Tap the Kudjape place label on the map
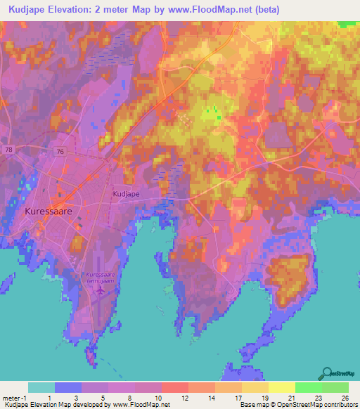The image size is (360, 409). coord(127,191)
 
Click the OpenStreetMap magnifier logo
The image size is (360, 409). coord(327,372)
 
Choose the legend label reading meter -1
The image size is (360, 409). coord(15,397)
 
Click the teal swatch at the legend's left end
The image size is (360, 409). coord(41,387)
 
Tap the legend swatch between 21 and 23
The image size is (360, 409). coord(308,387)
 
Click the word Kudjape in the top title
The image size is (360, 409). coord(22,10)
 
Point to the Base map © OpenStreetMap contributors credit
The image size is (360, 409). coord(298,405)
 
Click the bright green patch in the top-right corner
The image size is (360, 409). coord(347,24)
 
